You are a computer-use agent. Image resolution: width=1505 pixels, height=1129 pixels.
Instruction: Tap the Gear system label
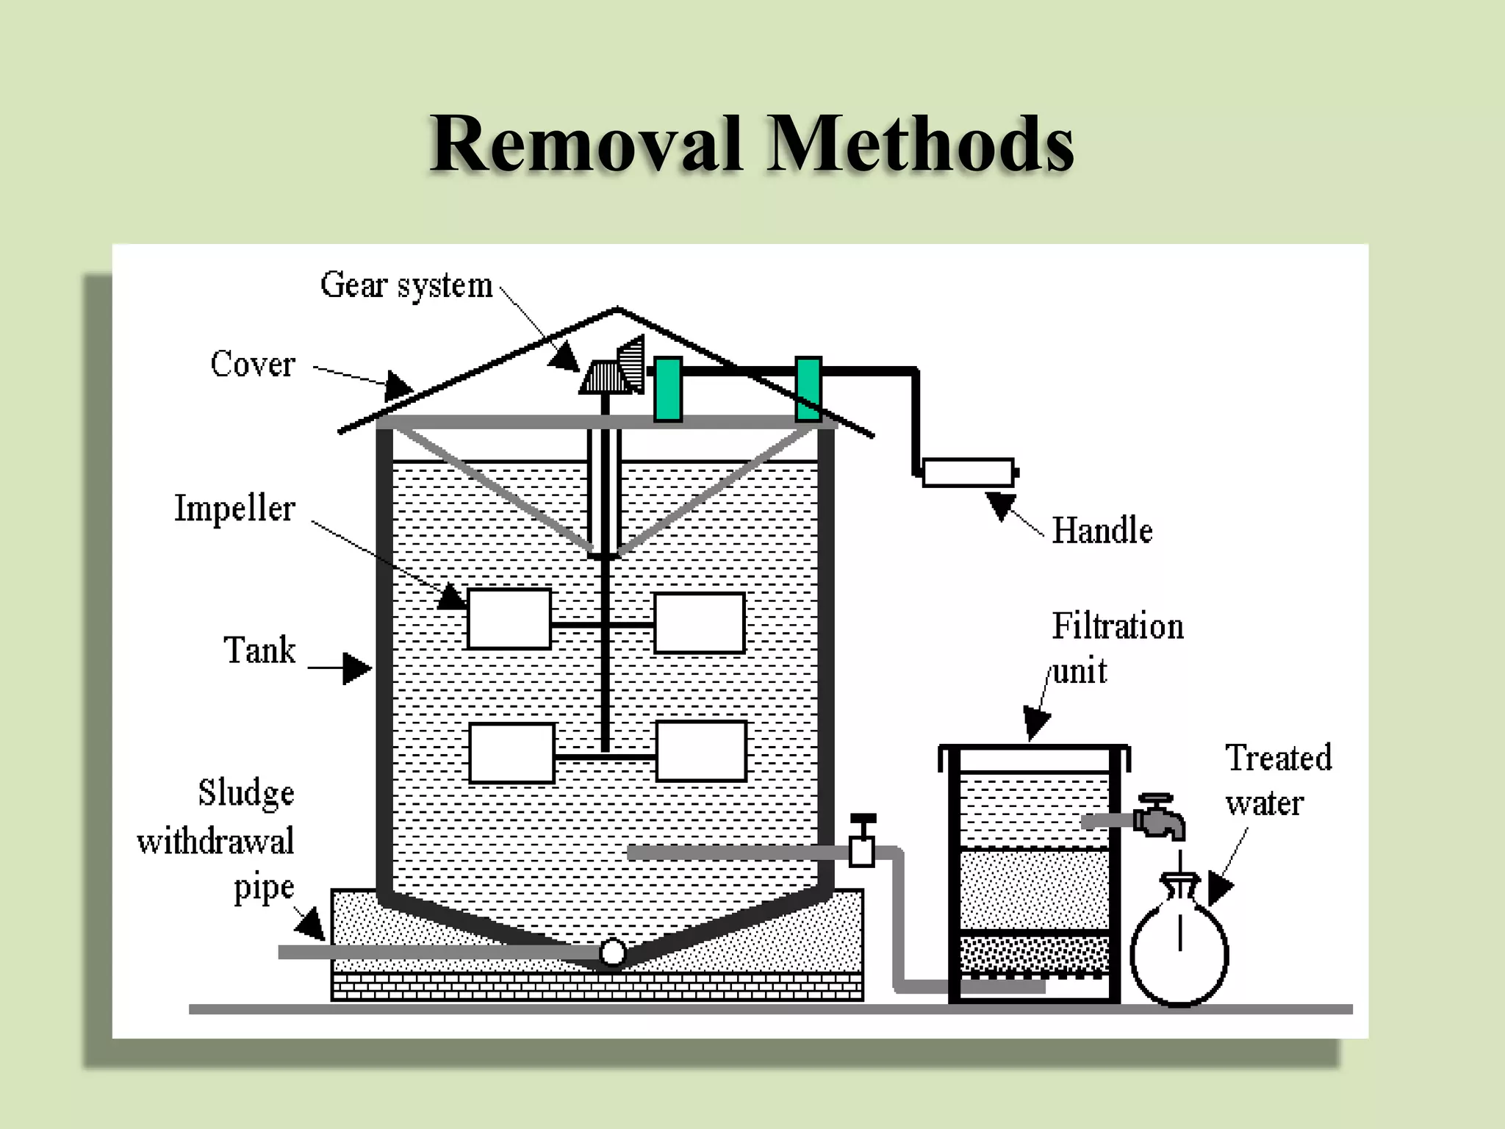coord(406,285)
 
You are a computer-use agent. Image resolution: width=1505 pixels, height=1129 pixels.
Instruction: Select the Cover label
coord(253,365)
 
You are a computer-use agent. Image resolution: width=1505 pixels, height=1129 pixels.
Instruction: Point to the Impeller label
coord(234,509)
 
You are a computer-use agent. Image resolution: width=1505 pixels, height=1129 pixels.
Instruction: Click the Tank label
coord(259,650)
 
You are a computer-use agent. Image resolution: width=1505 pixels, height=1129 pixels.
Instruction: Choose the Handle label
coord(1102,531)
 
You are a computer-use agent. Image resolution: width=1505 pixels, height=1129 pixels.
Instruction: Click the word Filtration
coord(1118,626)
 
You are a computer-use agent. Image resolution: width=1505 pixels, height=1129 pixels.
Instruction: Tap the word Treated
coord(1279,758)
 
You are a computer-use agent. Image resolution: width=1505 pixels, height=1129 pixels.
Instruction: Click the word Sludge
coord(246,793)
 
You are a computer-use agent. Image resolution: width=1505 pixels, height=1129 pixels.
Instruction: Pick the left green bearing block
coord(668,389)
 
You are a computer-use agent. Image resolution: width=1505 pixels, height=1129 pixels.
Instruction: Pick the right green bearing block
coord(808,389)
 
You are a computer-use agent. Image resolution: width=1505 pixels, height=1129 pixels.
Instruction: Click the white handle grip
coord(969,473)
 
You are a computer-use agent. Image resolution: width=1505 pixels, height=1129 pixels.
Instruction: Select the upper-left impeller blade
coord(509,619)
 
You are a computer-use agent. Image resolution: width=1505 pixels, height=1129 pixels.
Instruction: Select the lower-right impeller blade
coord(701,751)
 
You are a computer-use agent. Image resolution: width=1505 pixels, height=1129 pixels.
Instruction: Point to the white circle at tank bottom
coord(612,953)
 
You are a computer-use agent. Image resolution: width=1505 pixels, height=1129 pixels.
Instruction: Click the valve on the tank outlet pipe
coord(862,842)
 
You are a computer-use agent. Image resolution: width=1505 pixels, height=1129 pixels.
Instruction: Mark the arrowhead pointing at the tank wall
coord(358,668)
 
